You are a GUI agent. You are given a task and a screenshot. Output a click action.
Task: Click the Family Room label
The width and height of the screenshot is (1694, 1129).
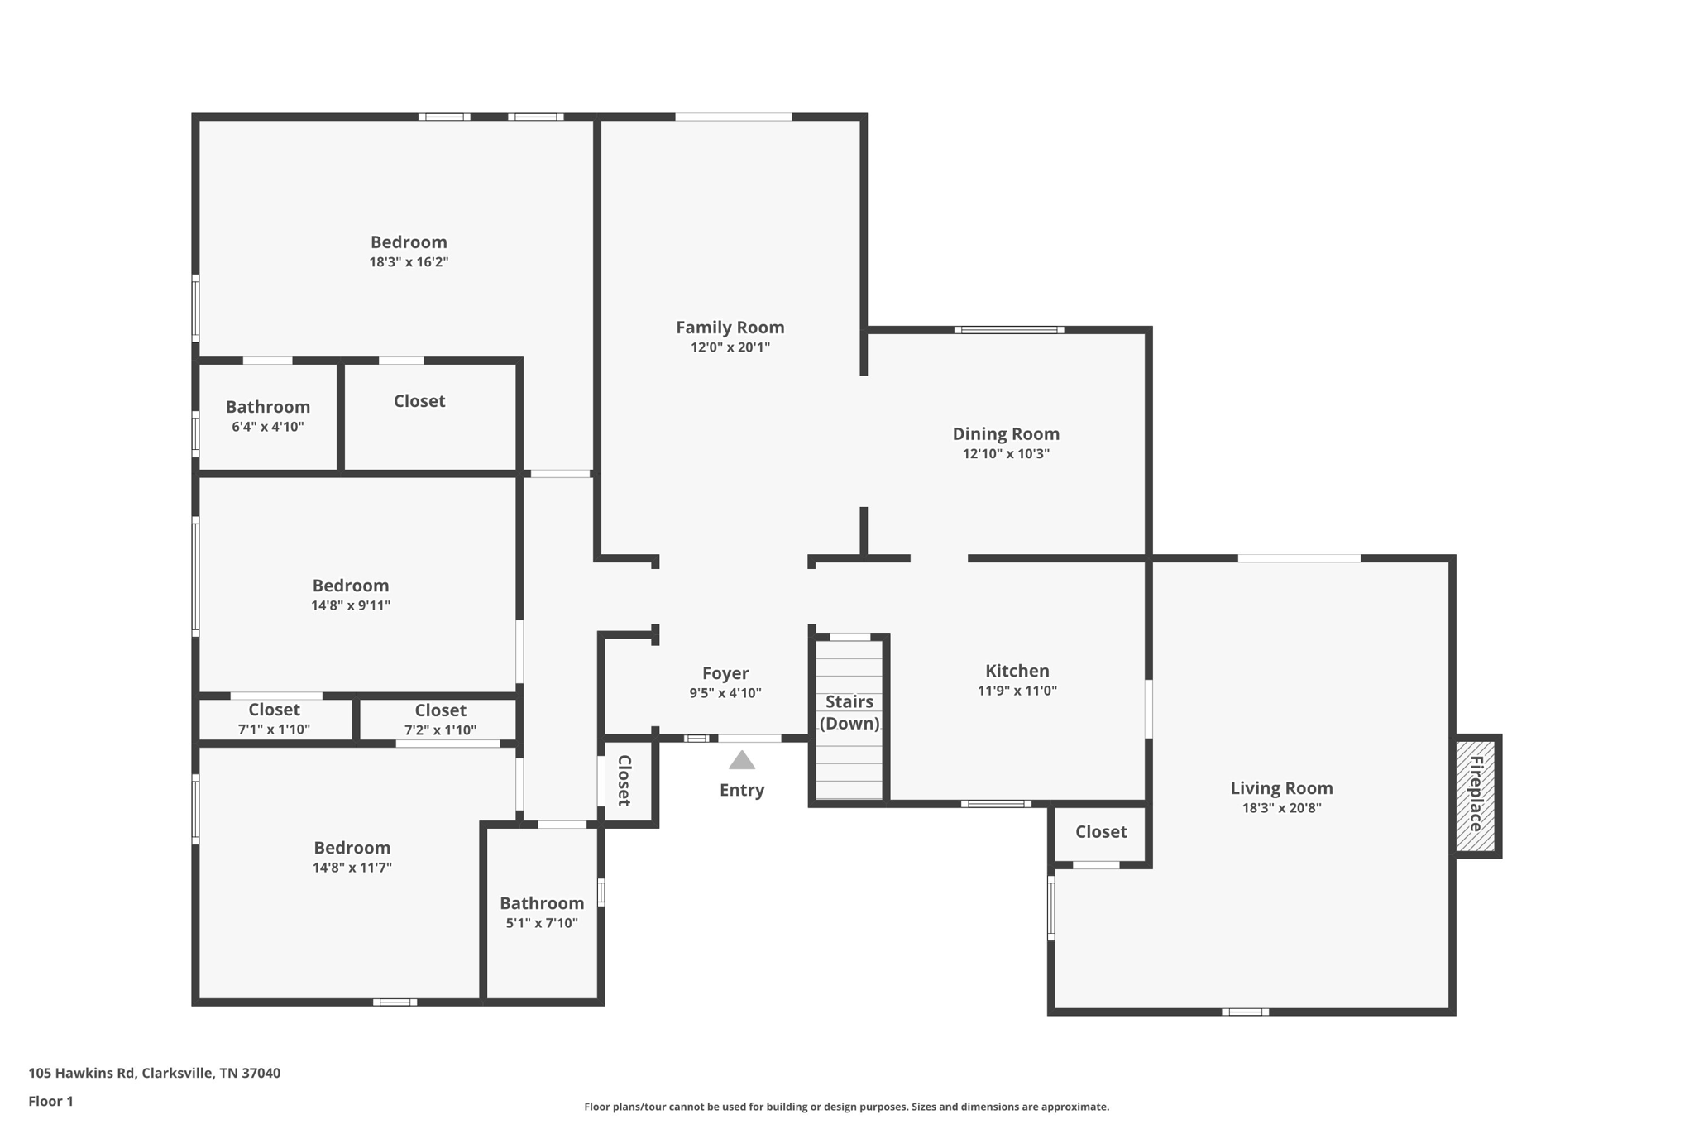(730, 328)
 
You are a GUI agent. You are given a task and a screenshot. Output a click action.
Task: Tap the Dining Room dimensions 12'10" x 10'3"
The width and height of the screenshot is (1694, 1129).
(1005, 454)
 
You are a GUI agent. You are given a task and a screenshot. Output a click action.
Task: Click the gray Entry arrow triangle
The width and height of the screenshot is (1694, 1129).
(741, 761)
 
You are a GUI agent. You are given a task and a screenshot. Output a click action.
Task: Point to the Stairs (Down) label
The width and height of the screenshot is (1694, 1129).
(849, 712)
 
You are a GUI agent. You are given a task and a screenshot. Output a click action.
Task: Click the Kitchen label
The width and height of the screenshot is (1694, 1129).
(1017, 671)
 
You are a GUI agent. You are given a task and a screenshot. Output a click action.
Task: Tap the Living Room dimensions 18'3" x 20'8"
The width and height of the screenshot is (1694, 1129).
(1281, 808)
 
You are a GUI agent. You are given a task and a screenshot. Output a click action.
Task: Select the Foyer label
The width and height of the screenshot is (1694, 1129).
(725, 673)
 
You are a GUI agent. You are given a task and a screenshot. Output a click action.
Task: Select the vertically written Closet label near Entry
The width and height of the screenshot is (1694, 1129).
(624, 780)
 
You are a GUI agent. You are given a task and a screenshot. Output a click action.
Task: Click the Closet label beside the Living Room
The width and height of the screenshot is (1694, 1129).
(1100, 832)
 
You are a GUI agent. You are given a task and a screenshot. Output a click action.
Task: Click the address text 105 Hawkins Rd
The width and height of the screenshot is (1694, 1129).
(154, 1073)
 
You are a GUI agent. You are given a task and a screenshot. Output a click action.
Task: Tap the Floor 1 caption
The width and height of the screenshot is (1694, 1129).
(50, 1101)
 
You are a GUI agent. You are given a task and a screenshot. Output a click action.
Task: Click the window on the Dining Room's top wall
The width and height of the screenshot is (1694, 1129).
(1008, 330)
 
